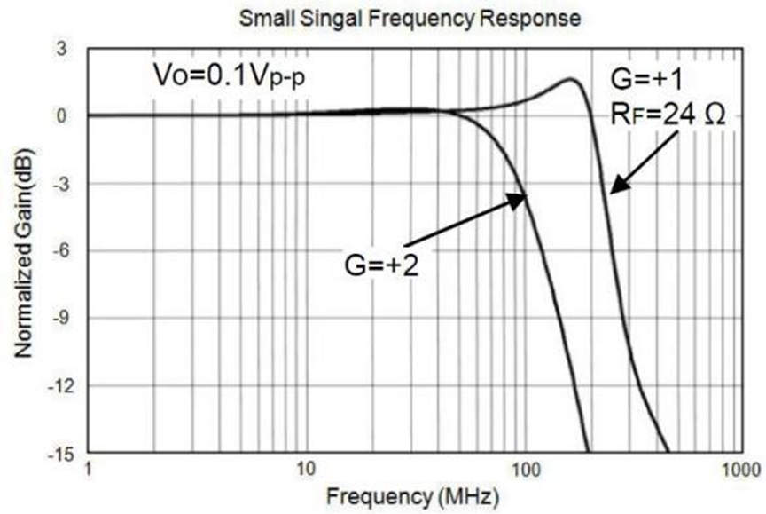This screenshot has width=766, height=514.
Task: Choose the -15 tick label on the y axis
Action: tap(55, 454)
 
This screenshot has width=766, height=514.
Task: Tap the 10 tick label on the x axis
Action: tap(306, 468)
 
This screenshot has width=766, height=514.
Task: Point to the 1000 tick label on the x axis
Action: tap(739, 468)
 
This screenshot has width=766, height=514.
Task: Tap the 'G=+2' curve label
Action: tap(381, 263)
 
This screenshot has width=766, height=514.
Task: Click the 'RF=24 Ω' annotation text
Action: tap(660, 115)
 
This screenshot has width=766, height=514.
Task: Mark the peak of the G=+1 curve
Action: tap(572, 80)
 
